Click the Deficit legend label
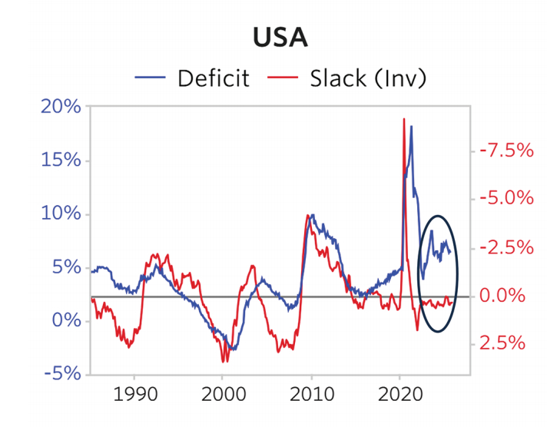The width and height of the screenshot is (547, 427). point(214,78)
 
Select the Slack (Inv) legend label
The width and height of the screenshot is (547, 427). point(368,78)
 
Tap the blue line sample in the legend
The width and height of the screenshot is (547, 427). point(151,78)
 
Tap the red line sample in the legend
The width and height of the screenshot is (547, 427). point(284,78)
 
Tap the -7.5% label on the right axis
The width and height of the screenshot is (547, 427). point(506,150)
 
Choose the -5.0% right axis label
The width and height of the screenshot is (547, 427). point(506,198)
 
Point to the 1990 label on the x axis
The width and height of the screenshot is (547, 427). point(134,399)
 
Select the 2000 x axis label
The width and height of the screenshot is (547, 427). point(222,399)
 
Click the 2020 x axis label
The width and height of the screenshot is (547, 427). point(399,399)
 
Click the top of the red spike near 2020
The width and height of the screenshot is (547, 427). point(403,119)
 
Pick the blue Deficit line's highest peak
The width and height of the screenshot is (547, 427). point(411,126)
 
